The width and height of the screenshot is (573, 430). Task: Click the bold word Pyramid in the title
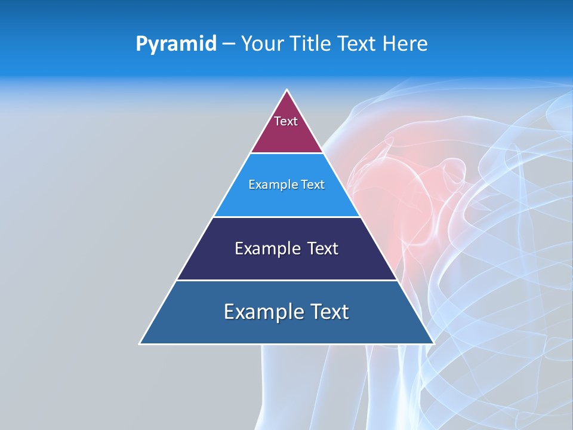176,44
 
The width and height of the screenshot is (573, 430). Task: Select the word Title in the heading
311,44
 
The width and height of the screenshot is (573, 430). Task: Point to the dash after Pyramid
229,44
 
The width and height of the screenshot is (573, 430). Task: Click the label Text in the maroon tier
286,121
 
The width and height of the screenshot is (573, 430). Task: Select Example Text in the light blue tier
286,185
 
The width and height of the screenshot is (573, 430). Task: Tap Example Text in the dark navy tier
286,248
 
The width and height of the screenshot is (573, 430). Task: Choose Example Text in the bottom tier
286,312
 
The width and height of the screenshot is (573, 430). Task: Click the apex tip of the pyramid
287,91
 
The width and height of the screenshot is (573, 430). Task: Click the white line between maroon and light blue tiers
286,153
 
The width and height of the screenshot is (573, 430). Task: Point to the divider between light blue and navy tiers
286,217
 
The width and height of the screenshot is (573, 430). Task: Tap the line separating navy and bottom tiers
286,280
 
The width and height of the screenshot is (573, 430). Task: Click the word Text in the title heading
358,44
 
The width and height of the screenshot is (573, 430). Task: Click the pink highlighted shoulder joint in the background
412,179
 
